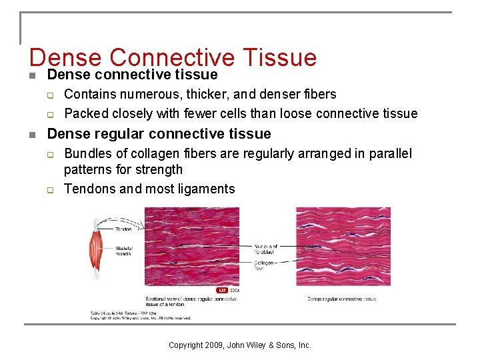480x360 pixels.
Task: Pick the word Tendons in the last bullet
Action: pyautogui.click(x=89, y=189)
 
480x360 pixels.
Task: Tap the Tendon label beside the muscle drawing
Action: pyautogui.click(x=124, y=229)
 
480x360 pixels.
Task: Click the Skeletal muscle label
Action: pyautogui.click(x=124, y=251)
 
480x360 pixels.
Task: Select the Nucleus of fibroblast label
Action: pyautogui.click(x=266, y=249)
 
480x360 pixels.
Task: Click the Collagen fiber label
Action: pyautogui.click(x=263, y=265)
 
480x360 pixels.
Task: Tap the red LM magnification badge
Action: pyautogui.click(x=222, y=290)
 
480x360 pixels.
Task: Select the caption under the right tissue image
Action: pyautogui.click(x=341, y=299)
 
